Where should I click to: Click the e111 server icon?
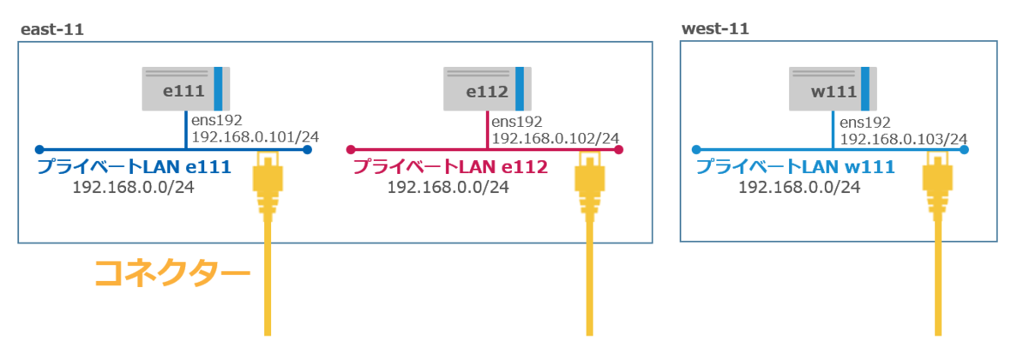[186, 89]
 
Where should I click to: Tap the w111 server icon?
[832, 89]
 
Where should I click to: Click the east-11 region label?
[51, 30]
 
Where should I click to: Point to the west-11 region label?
[715, 29]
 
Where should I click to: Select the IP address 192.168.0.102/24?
[556, 137]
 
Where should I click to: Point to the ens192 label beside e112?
[517, 122]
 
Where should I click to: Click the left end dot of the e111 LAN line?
[39, 149]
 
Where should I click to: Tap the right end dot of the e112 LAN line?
[619, 149]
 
